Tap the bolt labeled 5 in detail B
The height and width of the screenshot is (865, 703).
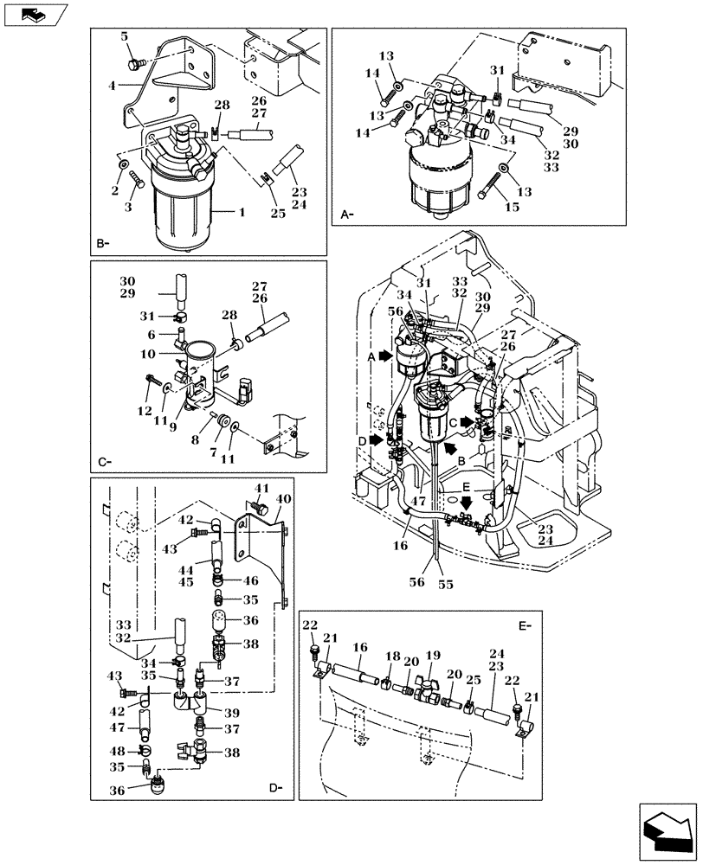point(135,62)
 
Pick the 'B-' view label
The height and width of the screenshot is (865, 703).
point(103,244)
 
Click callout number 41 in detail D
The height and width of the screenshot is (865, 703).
point(261,488)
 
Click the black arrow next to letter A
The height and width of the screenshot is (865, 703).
point(386,355)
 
